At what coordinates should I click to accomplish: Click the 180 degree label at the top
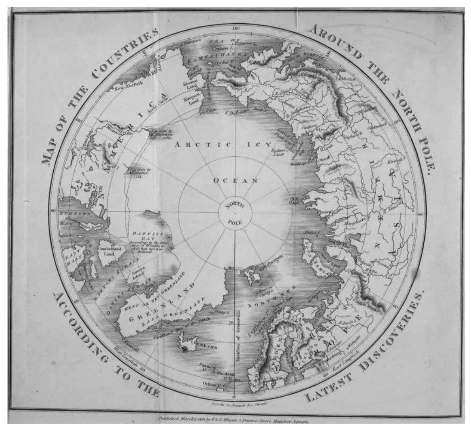click(x=236, y=29)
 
